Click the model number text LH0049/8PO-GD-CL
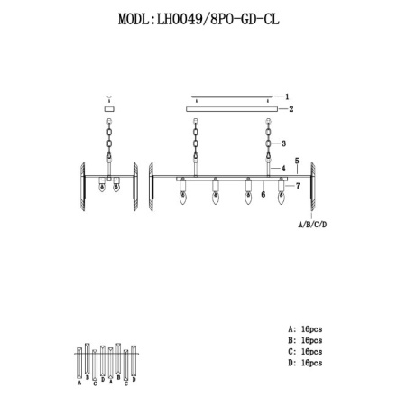218,18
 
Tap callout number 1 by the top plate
287,95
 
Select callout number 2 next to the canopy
291,108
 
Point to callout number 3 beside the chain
284,143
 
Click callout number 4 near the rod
284,167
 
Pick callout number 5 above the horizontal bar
296,167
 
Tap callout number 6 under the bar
262,193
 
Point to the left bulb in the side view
103,189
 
